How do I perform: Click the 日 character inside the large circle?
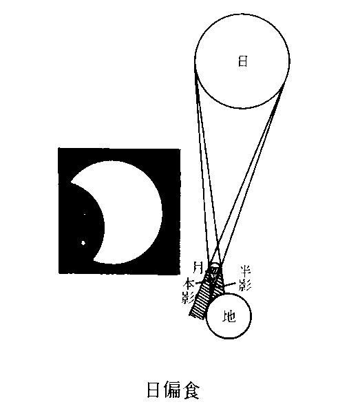click(x=242, y=61)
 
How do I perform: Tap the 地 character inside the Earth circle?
click(x=229, y=316)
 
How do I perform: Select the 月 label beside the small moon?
click(x=198, y=267)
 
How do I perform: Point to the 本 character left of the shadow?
click(x=189, y=284)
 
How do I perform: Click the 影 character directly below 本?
click(x=188, y=297)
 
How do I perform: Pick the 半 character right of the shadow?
click(x=245, y=271)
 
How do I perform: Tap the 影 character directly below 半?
click(x=245, y=284)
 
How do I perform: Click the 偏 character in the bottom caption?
click(x=173, y=390)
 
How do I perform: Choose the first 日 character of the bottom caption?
click(x=153, y=390)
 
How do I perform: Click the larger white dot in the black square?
click(x=83, y=243)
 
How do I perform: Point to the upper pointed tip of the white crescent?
click(x=71, y=182)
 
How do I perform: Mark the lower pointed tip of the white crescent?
click(x=94, y=260)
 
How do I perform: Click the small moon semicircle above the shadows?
click(x=215, y=265)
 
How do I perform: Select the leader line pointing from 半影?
click(x=230, y=284)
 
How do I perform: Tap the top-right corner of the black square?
click(x=180, y=149)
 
